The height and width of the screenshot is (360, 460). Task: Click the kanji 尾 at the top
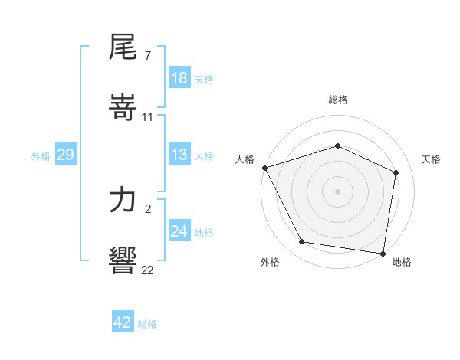point(123,48)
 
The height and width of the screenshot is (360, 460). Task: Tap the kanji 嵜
point(123,106)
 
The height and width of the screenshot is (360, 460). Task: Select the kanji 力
point(123,201)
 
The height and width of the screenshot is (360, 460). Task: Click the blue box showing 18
point(179,78)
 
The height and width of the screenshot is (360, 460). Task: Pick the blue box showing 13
point(179,155)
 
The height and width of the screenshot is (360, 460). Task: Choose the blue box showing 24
point(179,231)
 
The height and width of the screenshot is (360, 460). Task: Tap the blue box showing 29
point(65,155)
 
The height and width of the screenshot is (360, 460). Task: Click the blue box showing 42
point(123,322)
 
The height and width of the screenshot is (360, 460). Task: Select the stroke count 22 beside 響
point(148,270)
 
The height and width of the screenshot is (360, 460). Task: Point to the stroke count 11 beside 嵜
point(148,117)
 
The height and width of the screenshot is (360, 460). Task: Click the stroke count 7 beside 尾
point(146,57)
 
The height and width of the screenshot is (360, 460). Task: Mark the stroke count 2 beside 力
point(146,209)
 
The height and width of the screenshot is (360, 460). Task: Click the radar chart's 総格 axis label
point(338,100)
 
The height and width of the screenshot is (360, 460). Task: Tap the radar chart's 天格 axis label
point(432,159)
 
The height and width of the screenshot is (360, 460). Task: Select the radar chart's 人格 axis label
point(245,159)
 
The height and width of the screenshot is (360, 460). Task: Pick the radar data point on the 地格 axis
point(383,253)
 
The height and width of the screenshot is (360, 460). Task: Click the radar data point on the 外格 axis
point(302,242)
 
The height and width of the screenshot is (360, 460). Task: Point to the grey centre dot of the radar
point(338,191)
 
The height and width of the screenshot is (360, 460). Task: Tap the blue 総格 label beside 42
point(147,324)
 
